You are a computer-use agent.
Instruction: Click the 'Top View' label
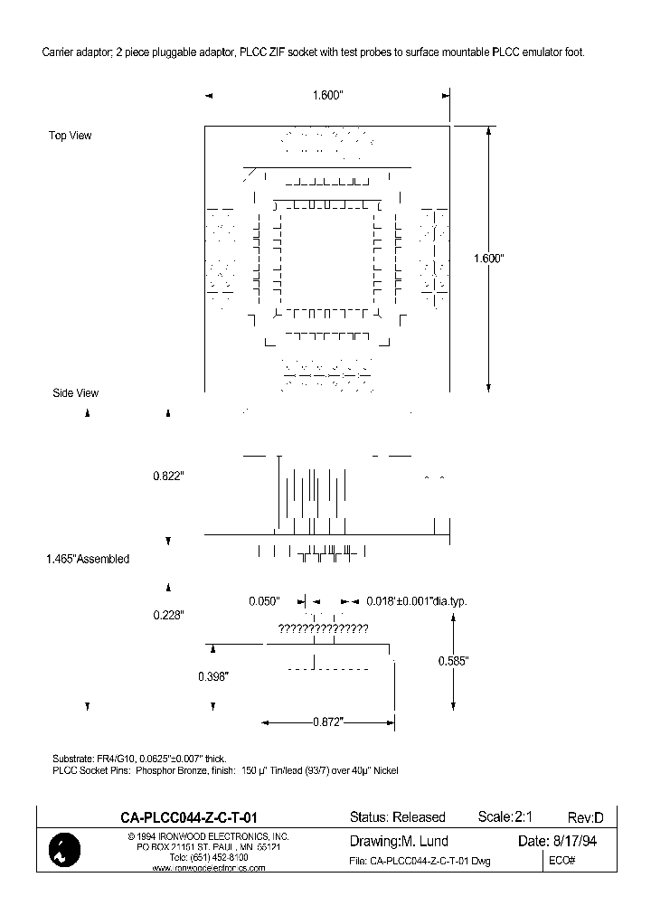(x=71, y=136)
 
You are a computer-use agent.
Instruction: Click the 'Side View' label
(x=75, y=393)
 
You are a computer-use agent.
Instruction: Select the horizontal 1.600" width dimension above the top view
(x=326, y=95)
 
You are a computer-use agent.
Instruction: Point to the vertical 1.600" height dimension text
(x=488, y=259)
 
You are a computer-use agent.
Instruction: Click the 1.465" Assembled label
(x=88, y=559)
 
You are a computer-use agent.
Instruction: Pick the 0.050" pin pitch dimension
(x=265, y=601)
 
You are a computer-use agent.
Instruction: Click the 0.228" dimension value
(x=168, y=614)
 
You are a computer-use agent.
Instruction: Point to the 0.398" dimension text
(x=214, y=676)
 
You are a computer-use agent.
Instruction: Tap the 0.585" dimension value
(x=452, y=661)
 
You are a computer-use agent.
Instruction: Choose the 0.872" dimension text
(x=328, y=722)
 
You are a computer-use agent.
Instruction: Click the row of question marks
(x=323, y=628)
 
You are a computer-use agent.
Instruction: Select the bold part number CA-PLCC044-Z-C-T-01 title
(x=193, y=816)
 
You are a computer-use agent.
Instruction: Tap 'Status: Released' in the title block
(x=397, y=817)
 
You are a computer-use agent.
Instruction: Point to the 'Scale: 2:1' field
(x=511, y=816)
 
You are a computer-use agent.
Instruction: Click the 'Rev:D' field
(x=586, y=817)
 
